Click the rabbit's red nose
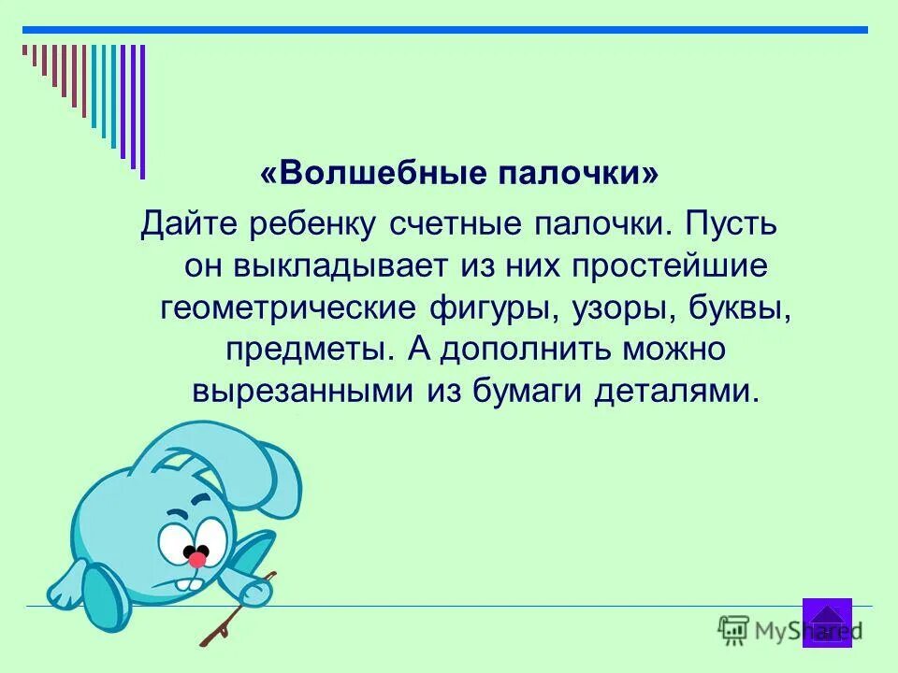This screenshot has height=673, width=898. [x=197, y=559]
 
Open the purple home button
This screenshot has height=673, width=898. [x=827, y=622]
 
